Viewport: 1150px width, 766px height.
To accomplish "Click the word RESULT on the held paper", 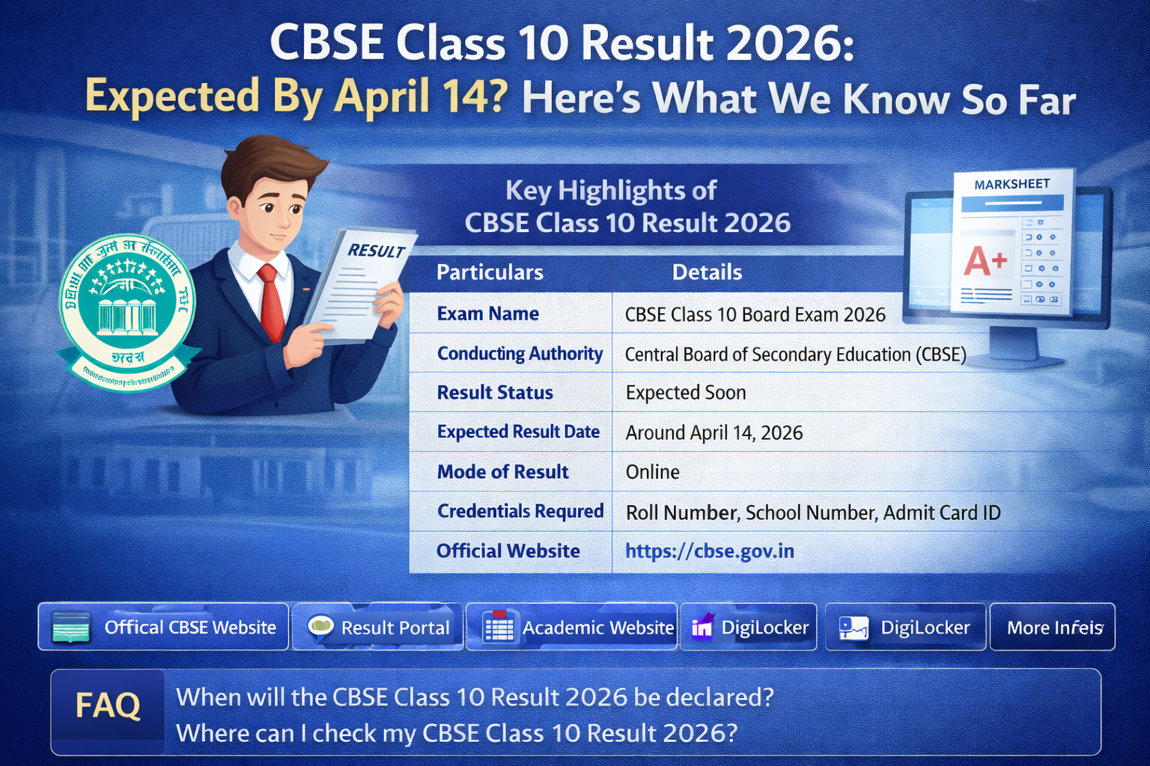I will tap(376, 251).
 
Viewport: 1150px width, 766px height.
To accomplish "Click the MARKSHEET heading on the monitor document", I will tap(1011, 184).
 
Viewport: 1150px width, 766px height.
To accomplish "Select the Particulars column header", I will tap(490, 272).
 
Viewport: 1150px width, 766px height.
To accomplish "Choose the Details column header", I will tap(707, 272).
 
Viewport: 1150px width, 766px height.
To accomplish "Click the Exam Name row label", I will tap(488, 313).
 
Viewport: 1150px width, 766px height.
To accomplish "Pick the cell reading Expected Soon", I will tap(686, 393).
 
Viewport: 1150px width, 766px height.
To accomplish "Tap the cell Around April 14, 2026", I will tap(714, 432).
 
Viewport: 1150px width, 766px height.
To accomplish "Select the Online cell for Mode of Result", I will tap(653, 472).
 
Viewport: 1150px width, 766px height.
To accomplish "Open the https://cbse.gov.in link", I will tap(710, 551).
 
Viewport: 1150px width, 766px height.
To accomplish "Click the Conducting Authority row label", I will tap(520, 353).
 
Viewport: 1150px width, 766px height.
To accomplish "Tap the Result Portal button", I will tap(378, 627).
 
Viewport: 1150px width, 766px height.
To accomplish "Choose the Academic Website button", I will tap(572, 627).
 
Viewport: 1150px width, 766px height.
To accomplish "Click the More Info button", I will tap(1053, 627).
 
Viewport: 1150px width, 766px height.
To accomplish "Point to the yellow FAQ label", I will tap(108, 705).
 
